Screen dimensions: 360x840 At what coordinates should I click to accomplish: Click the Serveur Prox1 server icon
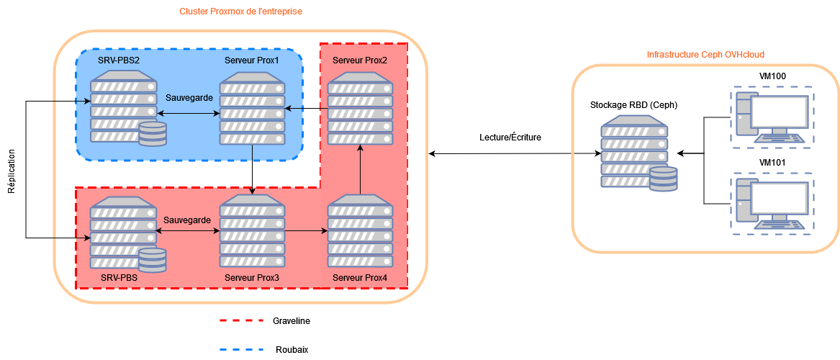pyautogui.click(x=253, y=108)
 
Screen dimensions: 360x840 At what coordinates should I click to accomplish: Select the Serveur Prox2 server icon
pyautogui.click(x=361, y=108)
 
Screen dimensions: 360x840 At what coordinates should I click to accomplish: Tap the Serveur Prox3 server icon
pyautogui.click(x=252, y=232)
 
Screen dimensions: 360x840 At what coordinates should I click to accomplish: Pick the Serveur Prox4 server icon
pyautogui.click(x=361, y=232)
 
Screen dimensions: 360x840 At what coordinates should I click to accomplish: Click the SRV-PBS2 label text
pyautogui.click(x=119, y=59)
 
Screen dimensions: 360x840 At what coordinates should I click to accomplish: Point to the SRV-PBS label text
pyautogui.click(x=119, y=277)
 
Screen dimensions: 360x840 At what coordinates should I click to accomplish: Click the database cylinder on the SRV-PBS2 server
pyautogui.click(x=153, y=135)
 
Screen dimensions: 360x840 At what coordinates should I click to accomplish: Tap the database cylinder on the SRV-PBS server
pyautogui.click(x=153, y=260)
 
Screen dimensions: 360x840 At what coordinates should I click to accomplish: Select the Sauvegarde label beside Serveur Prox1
pyautogui.click(x=189, y=96)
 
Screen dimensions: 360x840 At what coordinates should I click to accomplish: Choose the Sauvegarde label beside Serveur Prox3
pyautogui.click(x=187, y=220)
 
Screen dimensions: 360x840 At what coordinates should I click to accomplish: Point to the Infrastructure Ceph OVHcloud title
pyautogui.click(x=705, y=55)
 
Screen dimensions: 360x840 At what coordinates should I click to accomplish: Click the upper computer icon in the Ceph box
pyautogui.click(x=772, y=117)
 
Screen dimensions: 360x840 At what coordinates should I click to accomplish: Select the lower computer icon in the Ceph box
pyautogui.click(x=772, y=202)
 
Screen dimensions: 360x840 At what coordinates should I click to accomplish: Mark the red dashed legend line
pyautogui.click(x=241, y=320)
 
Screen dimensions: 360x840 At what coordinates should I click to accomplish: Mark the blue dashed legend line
pyautogui.click(x=241, y=350)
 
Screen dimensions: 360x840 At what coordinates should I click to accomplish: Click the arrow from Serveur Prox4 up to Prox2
pyautogui.click(x=361, y=170)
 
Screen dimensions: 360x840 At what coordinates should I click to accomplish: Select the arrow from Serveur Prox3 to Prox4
pyautogui.click(x=306, y=231)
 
